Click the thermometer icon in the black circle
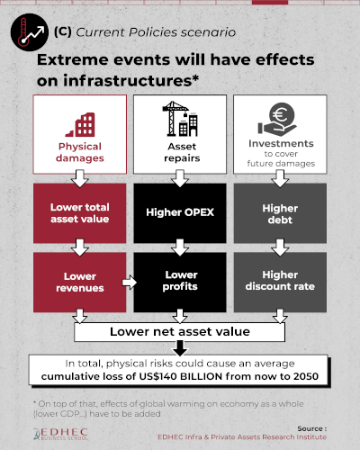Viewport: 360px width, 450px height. pyautogui.click(x=23, y=32)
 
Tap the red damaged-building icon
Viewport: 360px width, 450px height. pyautogui.click(x=80, y=125)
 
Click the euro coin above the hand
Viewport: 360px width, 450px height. pyautogui.click(x=282, y=114)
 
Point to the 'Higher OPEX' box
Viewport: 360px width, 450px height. pyautogui.click(x=180, y=213)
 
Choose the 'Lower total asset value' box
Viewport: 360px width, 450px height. pyautogui.click(x=80, y=213)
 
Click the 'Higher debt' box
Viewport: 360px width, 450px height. pyautogui.click(x=280, y=213)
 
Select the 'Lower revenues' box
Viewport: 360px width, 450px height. pyautogui.click(x=80, y=283)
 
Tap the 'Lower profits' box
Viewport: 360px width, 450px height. pyautogui.click(x=180, y=283)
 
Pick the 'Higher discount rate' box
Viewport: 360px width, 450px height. pyautogui.click(x=280, y=283)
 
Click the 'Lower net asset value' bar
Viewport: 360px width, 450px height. pyautogui.click(x=180, y=332)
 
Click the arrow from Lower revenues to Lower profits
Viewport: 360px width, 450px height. pyautogui.click(x=130, y=283)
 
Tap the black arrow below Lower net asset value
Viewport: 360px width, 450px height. pyautogui.click(x=180, y=348)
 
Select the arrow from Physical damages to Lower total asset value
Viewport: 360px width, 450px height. pyautogui.click(x=80, y=179)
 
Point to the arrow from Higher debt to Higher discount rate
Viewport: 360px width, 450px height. pyautogui.click(x=280, y=247)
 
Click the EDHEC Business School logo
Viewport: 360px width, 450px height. pyautogui.click(x=60, y=434)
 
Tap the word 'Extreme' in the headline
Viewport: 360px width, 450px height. pyautogui.click(x=72, y=59)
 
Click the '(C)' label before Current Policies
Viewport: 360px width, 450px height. pyautogui.click(x=63, y=31)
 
